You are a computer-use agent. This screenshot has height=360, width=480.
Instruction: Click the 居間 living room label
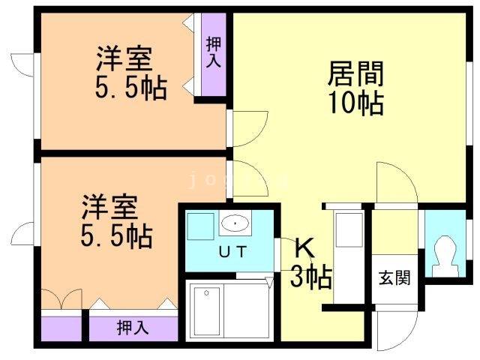pyautogui.click(x=355, y=75)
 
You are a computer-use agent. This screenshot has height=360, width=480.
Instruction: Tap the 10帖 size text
pyautogui.click(x=355, y=103)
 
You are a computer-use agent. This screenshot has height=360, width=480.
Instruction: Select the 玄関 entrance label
pyautogui.click(x=394, y=278)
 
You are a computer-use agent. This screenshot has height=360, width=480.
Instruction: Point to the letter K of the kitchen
pyautogui.click(x=304, y=247)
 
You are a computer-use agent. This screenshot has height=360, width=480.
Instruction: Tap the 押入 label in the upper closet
pyautogui.click(x=213, y=52)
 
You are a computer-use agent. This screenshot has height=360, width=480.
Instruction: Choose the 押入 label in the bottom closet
pyautogui.click(x=133, y=328)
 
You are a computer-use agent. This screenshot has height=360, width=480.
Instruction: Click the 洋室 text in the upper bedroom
pyautogui.click(x=124, y=58)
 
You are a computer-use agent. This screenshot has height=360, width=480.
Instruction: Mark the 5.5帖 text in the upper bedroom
pyautogui.click(x=130, y=88)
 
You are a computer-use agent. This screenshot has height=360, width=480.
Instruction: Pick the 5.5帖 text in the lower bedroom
pyautogui.click(x=116, y=236)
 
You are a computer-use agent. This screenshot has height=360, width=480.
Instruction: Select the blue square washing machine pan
pyautogui.click(x=200, y=225)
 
